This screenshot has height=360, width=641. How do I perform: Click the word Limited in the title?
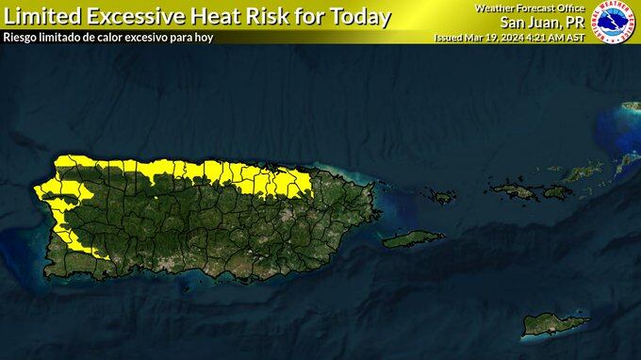point(41,16)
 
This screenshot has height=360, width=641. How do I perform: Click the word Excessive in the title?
point(141,16)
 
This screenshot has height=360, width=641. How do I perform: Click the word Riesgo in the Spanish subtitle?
point(24,37)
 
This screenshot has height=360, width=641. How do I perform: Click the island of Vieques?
point(413,238)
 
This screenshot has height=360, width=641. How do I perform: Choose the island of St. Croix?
point(554,324)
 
